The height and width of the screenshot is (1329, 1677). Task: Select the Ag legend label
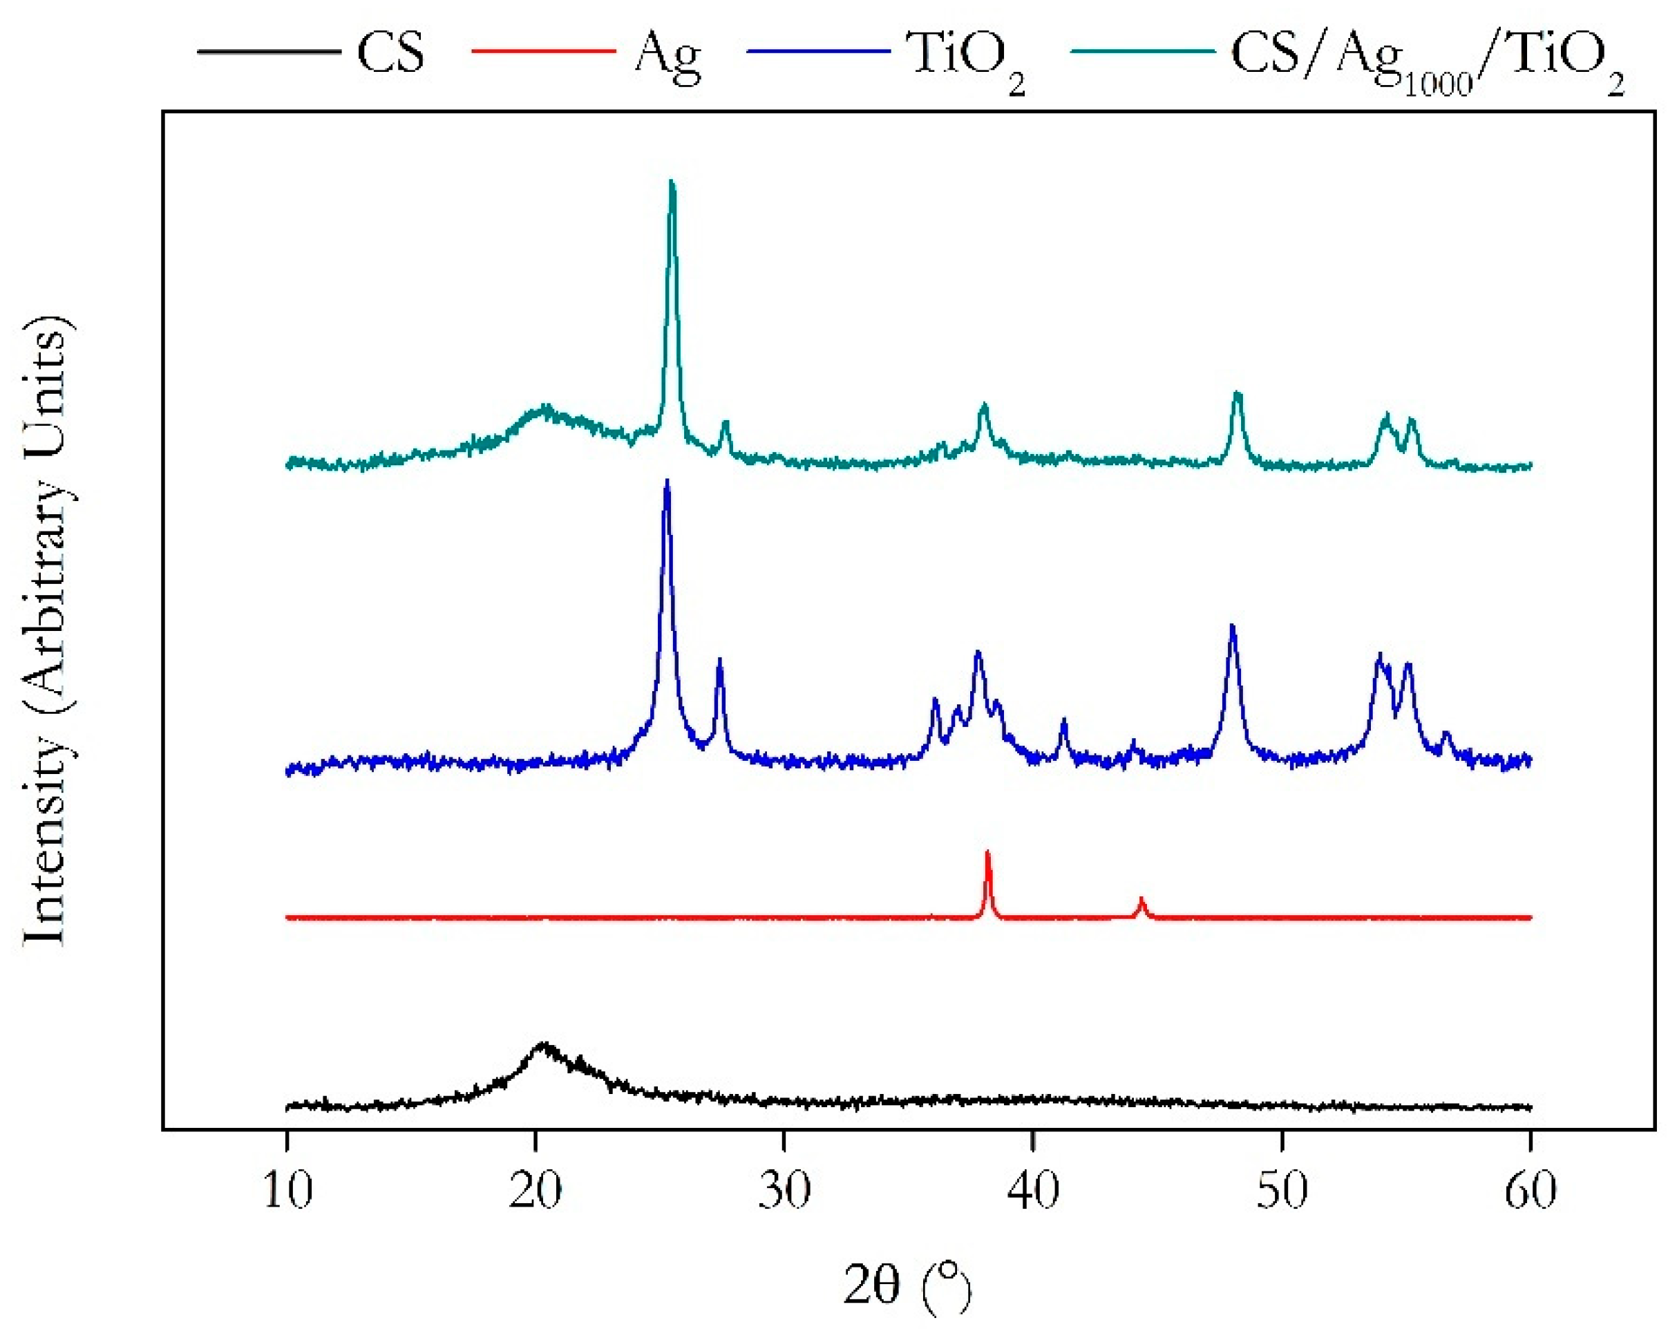pyautogui.click(x=667, y=57)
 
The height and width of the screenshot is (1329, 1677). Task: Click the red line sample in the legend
pyautogui.click(x=544, y=51)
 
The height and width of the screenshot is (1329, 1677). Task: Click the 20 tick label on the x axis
pyautogui.click(x=536, y=1191)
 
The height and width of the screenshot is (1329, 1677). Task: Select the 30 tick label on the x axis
pyautogui.click(x=784, y=1191)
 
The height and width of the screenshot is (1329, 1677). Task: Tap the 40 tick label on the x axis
pyautogui.click(x=1033, y=1191)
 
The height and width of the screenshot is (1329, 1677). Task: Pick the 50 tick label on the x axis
pyautogui.click(x=1282, y=1191)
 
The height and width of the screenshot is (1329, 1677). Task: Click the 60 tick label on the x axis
pyautogui.click(x=1530, y=1191)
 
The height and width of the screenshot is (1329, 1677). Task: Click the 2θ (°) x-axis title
pyautogui.click(x=907, y=1285)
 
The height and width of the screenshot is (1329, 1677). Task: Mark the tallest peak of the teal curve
pyautogui.click(x=672, y=184)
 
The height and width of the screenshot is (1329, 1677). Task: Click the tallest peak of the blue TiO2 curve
pyautogui.click(x=667, y=483)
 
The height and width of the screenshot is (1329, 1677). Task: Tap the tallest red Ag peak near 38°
pyautogui.click(x=988, y=854)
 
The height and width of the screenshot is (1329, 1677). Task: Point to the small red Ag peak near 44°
pyautogui.click(x=1142, y=901)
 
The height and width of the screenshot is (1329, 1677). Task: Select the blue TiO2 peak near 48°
pyautogui.click(x=1232, y=627)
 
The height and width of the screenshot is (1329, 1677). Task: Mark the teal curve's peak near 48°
pyautogui.click(x=1238, y=395)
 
